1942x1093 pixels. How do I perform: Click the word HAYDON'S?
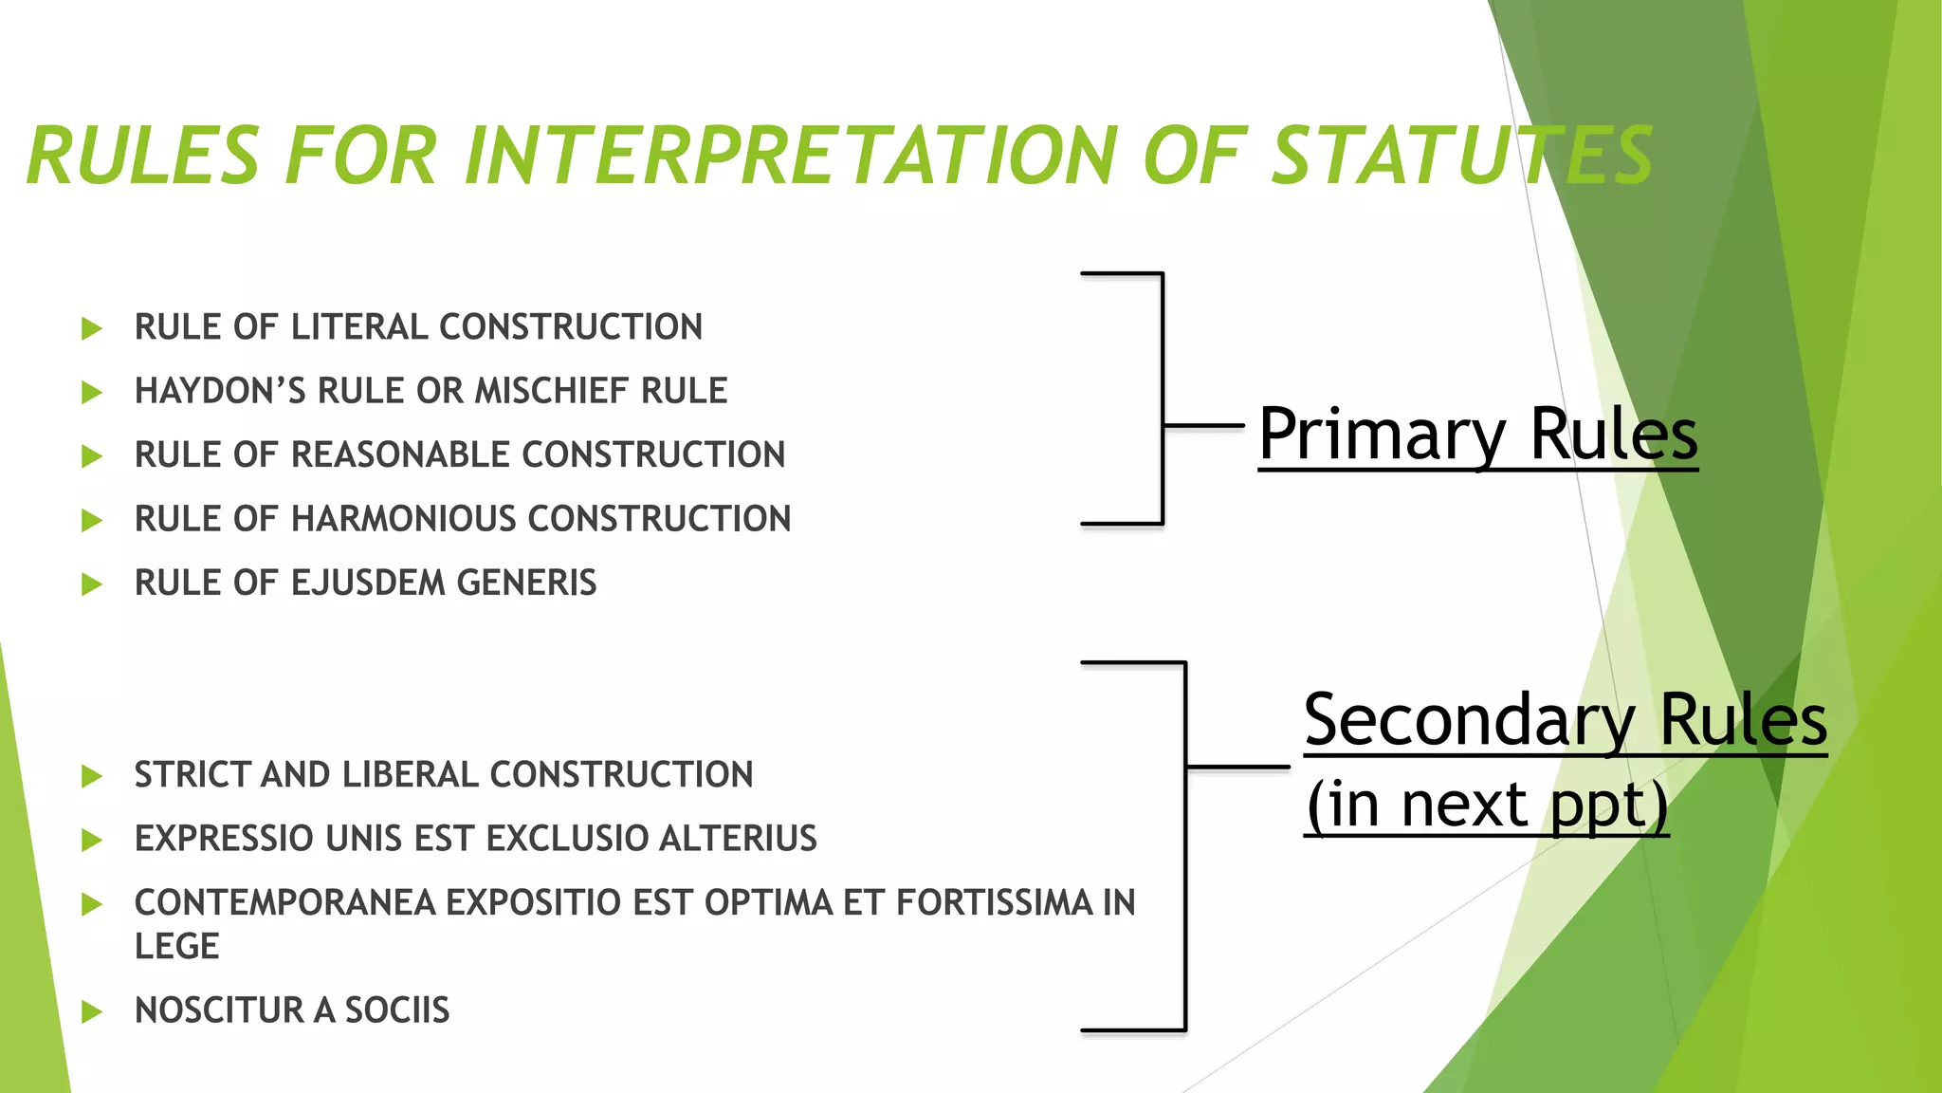[220, 391]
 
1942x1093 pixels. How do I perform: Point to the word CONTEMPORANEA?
[284, 903]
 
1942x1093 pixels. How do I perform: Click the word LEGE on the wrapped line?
[176, 947]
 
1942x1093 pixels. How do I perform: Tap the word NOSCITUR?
[220, 1010]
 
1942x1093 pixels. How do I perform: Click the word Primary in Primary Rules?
[1381, 435]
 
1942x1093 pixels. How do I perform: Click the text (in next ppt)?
[1486, 805]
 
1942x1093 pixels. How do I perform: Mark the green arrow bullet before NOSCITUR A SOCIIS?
[92, 1011]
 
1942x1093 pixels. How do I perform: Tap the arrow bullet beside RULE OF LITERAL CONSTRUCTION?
[92, 329]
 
